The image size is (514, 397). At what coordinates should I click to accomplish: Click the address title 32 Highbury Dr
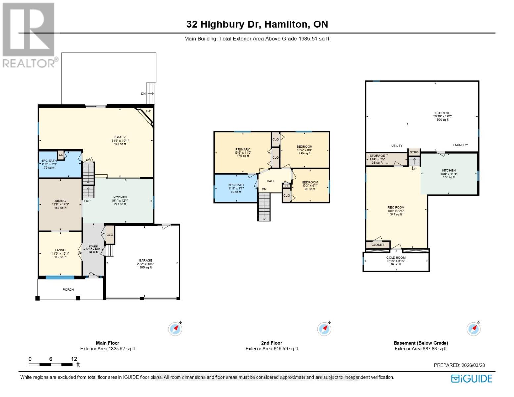coord(257,24)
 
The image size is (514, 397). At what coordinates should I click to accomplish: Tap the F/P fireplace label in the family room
coord(149,111)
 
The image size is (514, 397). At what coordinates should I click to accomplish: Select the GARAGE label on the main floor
coord(145,261)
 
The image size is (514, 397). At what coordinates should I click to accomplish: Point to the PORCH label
coord(68,290)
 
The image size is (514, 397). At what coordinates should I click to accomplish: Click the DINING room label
coord(60,201)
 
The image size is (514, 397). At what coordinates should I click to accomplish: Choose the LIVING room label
coord(60,250)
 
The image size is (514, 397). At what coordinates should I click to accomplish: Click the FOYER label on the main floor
coord(94,247)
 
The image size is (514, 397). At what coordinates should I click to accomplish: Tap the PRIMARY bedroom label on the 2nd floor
coord(243,150)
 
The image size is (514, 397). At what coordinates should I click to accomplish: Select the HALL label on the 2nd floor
coord(271,181)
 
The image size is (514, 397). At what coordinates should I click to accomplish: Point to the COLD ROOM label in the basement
coord(396,258)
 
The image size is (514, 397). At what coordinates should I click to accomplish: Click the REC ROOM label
coord(396,208)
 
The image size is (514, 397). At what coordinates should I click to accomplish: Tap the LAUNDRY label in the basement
coord(460,145)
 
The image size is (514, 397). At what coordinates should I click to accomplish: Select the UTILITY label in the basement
coord(397,146)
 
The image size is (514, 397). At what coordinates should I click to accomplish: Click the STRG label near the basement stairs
coord(414,152)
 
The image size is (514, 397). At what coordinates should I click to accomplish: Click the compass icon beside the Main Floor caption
coord(175,329)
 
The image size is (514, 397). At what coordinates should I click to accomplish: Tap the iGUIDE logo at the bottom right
coord(472,378)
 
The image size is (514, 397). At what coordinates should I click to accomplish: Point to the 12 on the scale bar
coord(74,359)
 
